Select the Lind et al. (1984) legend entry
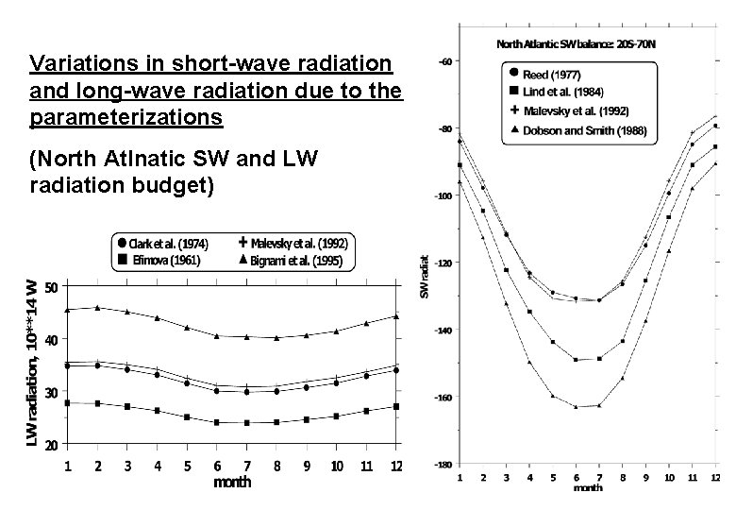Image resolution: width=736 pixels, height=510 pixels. tap(557, 91)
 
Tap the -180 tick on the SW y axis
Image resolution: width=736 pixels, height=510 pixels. tap(442, 466)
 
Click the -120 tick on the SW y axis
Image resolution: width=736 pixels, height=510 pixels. tap(442, 263)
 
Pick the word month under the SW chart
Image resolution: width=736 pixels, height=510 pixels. tap(588, 488)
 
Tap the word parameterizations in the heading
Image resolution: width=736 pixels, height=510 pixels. tap(125, 117)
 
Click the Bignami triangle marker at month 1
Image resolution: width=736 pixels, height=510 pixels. tap(67, 309)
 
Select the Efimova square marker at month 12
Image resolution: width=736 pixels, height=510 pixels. tap(396, 406)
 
